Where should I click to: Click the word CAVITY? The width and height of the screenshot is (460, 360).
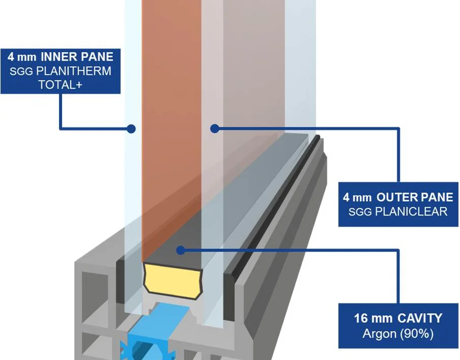420,319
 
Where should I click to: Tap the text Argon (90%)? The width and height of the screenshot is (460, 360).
398,334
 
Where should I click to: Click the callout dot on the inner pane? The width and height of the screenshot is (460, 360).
131,129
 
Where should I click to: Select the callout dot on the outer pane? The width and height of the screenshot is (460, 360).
215,129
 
